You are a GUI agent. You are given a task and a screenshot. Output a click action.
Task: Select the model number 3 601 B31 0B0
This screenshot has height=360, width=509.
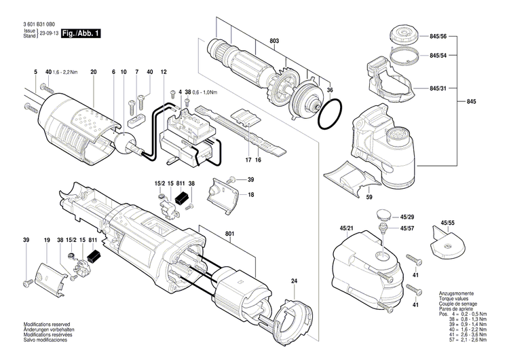pos(39,24)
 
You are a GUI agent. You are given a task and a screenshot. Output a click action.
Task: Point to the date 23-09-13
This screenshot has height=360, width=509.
pos(48,33)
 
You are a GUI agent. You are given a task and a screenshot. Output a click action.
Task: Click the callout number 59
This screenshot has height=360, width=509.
pos(369,198)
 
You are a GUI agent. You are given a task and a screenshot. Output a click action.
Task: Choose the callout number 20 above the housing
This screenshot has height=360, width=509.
pos(94,72)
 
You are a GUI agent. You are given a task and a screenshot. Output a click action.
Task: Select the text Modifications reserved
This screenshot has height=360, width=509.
pos(46,325)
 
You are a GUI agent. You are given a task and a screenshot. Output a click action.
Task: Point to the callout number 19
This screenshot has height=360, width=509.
pos(47,241)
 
